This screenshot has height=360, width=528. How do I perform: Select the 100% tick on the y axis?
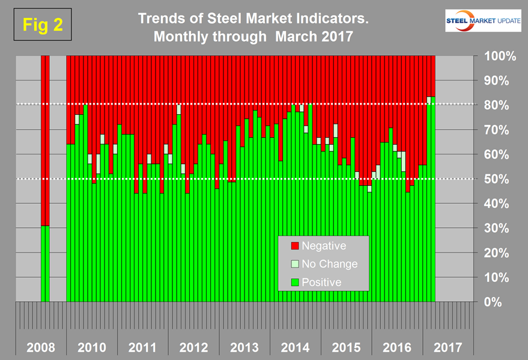(496, 56)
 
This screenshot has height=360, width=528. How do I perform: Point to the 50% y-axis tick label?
(497, 179)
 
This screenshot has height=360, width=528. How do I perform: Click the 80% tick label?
(497, 105)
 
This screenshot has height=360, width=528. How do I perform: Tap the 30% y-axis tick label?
(497, 228)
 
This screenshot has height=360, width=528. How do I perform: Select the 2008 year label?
(41, 347)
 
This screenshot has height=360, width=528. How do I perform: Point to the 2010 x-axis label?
(92, 347)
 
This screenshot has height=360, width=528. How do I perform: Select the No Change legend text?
(329, 264)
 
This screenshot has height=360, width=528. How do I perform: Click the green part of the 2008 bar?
(45, 264)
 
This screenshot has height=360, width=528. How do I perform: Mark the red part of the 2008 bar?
(45, 138)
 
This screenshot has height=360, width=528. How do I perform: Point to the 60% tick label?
(497, 154)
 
